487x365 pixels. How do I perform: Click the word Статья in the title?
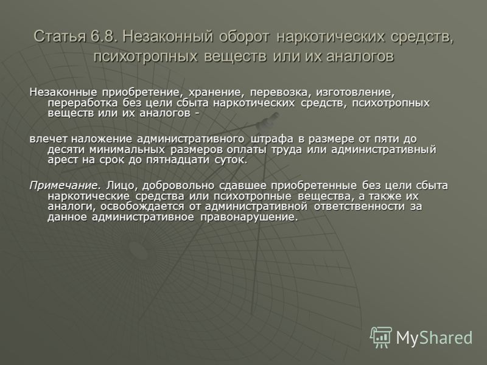(x=59, y=36)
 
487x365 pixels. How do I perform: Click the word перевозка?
(x=281, y=92)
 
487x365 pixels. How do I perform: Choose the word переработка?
(x=82, y=103)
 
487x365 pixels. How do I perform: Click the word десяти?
(x=66, y=150)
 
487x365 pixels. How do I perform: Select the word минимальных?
(x=127, y=150)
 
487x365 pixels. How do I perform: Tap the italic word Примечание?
(x=65, y=186)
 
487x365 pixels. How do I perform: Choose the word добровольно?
(x=178, y=186)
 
